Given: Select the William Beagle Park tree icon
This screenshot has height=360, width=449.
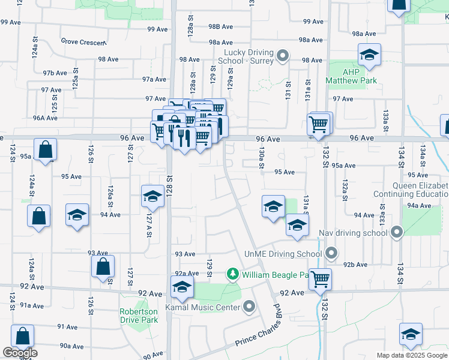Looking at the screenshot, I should [x=233, y=275].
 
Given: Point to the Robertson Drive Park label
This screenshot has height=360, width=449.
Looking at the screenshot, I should [x=139, y=316].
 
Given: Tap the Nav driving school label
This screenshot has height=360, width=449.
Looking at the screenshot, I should [x=358, y=232].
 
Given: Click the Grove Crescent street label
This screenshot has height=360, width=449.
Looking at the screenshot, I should [x=83, y=42].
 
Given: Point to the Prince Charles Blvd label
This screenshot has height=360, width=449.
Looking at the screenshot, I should [x=258, y=335].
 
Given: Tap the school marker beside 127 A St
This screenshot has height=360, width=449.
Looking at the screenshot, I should [x=152, y=196].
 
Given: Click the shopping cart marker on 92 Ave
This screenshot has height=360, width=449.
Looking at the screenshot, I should [x=321, y=278].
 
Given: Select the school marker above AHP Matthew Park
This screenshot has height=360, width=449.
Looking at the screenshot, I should [x=369, y=55].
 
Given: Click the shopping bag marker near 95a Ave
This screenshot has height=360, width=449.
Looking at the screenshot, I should [x=46, y=150].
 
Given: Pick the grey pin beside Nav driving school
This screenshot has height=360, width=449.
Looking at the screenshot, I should [x=396, y=232].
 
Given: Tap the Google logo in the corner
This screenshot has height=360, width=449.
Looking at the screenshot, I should [x=20, y=353].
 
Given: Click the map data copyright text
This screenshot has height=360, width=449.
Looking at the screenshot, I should [x=412, y=355].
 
